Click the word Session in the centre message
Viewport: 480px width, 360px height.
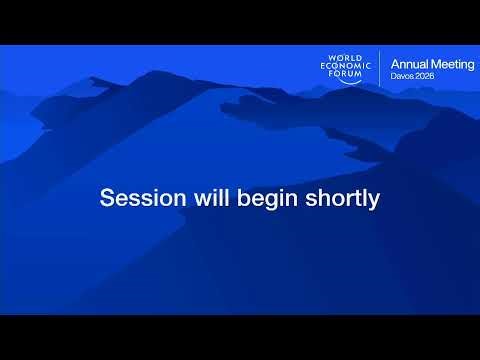click(135, 198)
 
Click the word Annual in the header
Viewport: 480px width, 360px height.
click(408, 64)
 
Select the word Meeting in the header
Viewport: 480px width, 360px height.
click(451, 64)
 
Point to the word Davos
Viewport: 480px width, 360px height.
click(402, 76)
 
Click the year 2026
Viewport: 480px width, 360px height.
click(426, 76)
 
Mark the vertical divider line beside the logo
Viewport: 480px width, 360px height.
click(380, 70)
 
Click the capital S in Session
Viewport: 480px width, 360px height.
click(107, 198)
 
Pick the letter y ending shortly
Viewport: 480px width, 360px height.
click(375, 201)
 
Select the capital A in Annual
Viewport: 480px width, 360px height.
click(394, 64)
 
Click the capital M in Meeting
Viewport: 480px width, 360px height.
click(433, 64)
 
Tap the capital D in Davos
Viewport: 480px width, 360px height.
click(393, 76)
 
